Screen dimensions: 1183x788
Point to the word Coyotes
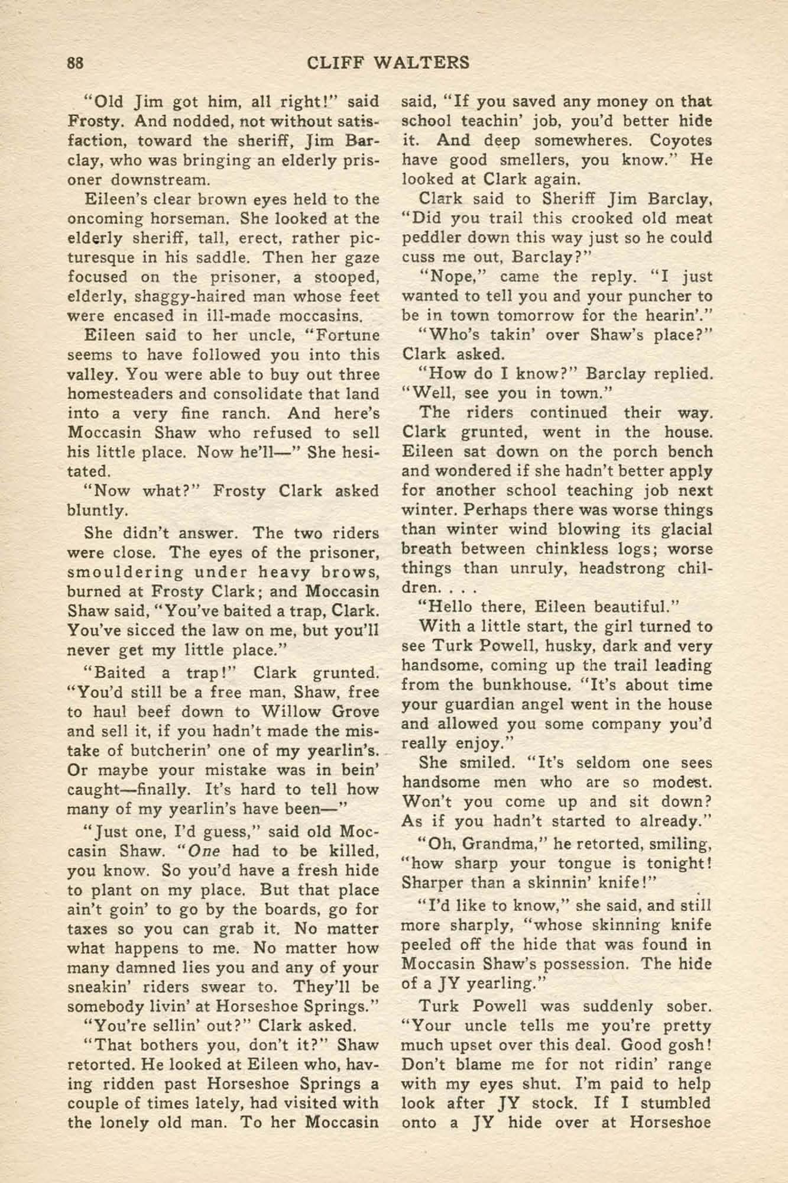tap(681, 141)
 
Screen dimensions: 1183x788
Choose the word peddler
tap(432, 238)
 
